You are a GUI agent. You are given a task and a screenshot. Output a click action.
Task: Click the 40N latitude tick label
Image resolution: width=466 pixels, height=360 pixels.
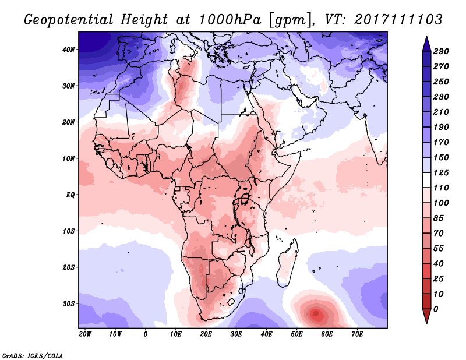point(69,50)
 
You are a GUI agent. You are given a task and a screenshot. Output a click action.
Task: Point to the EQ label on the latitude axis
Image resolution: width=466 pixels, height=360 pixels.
point(71,195)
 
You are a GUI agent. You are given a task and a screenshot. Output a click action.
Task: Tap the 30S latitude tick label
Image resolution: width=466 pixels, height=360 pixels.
point(69,303)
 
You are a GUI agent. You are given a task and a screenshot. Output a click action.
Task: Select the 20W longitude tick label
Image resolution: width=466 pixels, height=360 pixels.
point(85,334)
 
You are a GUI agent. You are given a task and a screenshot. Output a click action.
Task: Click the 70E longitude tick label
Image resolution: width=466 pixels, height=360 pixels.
point(357,334)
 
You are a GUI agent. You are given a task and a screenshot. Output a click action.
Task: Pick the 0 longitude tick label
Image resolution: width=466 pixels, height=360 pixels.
point(146,334)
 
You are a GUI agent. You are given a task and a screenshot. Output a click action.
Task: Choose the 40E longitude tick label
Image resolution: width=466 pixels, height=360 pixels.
point(266,334)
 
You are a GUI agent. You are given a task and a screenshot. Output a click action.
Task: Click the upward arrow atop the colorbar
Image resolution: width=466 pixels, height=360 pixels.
point(426,43)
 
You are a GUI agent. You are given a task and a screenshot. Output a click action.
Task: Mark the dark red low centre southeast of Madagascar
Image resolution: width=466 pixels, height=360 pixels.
point(316,314)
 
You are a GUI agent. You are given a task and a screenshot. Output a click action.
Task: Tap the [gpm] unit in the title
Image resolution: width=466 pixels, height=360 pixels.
point(289,20)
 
